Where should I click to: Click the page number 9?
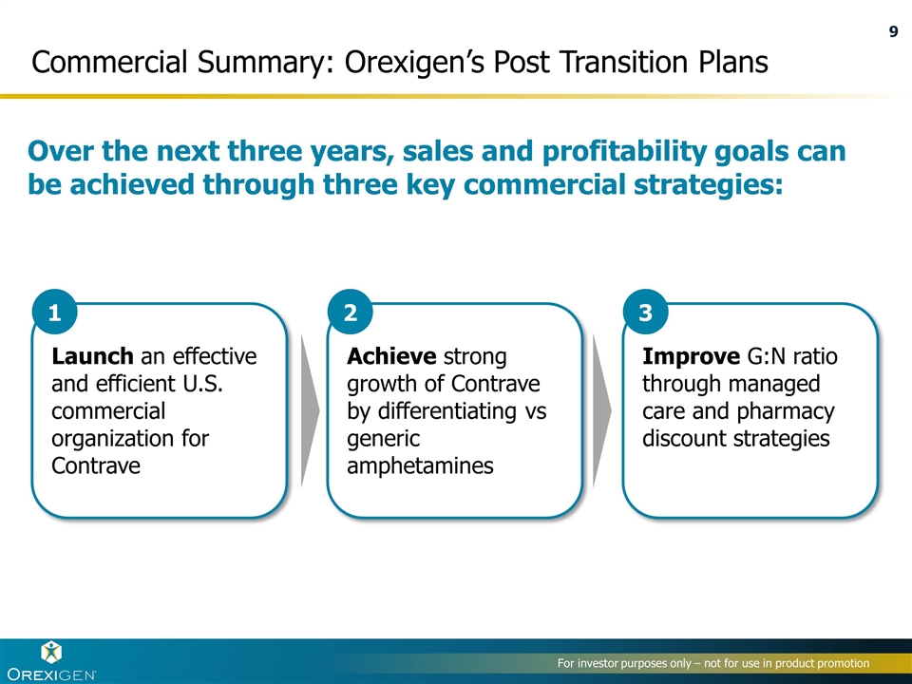tap(893, 31)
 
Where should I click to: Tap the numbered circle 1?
tap(55, 313)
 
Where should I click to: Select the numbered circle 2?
tap(351, 313)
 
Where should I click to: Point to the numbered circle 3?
tap(646, 313)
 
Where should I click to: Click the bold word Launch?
tap(92, 356)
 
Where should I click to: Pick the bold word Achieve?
tap(391, 356)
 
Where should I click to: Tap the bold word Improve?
tap(691, 356)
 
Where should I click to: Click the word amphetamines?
tap(420, 465)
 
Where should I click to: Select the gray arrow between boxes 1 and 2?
tap(310, 410)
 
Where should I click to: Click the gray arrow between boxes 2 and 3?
tap(602, 410)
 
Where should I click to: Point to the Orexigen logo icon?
tap(51, 653)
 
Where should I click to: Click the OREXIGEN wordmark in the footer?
tap(51, 674)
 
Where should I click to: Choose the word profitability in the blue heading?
tap(623, 151)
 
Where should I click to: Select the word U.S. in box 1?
tap(202, 384)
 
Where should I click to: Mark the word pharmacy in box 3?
tap(786, 411)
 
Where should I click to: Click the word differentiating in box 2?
tap(447, 411)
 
